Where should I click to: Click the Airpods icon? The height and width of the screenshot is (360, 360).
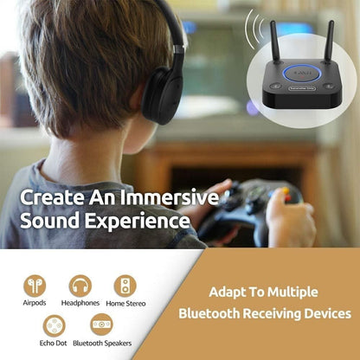point(35,285)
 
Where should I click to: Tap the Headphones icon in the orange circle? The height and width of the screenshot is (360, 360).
point(80,285)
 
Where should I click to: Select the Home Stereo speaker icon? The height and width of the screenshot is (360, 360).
point(125,285)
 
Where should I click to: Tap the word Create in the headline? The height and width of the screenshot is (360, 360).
point(51,196)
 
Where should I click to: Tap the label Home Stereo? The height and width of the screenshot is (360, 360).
point(126,304)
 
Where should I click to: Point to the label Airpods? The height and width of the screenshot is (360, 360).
point(35,304)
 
